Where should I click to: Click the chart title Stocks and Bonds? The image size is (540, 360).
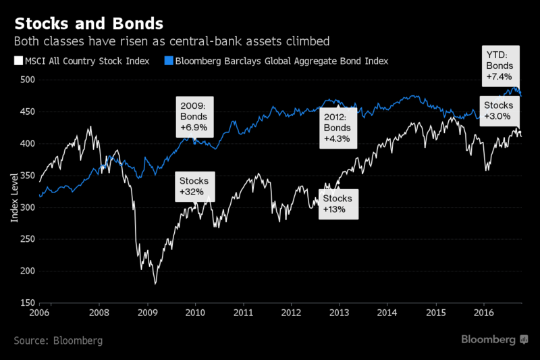(89, 24)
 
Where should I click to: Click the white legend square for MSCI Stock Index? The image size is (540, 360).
(19, 61)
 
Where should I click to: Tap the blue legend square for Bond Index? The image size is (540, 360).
(169, 61)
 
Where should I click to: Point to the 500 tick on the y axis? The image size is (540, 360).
(28, 80)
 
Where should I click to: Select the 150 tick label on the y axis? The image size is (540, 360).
(28, 303)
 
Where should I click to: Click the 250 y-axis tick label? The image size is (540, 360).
(28, 238)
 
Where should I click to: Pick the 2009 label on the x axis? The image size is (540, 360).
(148, 313)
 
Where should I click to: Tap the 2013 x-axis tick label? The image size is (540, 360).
(340, 313)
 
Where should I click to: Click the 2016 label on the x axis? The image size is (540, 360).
(484, 313)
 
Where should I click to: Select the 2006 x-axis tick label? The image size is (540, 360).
(39, 313)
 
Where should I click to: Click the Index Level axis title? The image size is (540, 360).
(14, 198)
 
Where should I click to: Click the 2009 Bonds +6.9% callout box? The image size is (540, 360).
(194, 117)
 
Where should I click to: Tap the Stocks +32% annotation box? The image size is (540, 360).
(195, 186)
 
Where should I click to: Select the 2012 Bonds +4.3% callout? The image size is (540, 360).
(338, 128)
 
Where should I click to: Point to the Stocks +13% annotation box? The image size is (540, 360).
(339, 204)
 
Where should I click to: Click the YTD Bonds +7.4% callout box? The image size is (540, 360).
(501, 66)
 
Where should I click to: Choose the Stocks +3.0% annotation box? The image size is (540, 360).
(500, 111)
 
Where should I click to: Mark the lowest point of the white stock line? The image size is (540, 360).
(155, 284)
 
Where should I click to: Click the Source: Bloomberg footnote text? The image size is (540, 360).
(58, 340)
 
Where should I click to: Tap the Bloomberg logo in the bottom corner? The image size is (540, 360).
(495, 340)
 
